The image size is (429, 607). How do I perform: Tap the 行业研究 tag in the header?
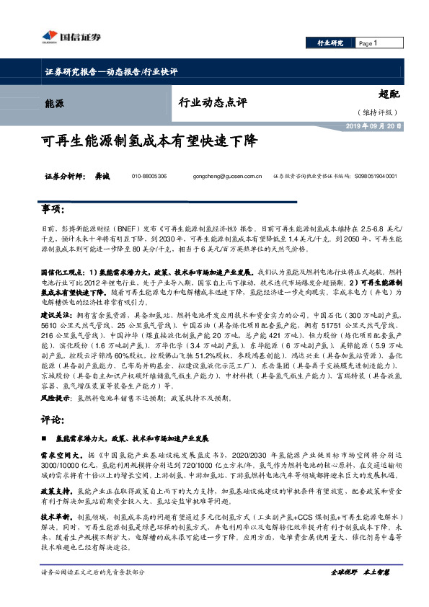pos(331,43)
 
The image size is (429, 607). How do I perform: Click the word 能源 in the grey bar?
pos(54,103)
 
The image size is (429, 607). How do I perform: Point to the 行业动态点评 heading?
pos(213,102)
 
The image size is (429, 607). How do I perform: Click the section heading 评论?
pos(55,419)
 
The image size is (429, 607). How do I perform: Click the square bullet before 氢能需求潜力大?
pos(45,438)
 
